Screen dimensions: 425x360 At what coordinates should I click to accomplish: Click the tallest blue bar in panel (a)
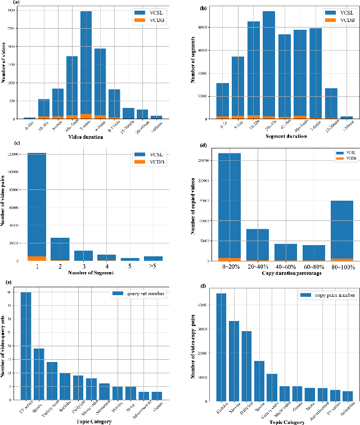pyautogui.click(x=87, y=62)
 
